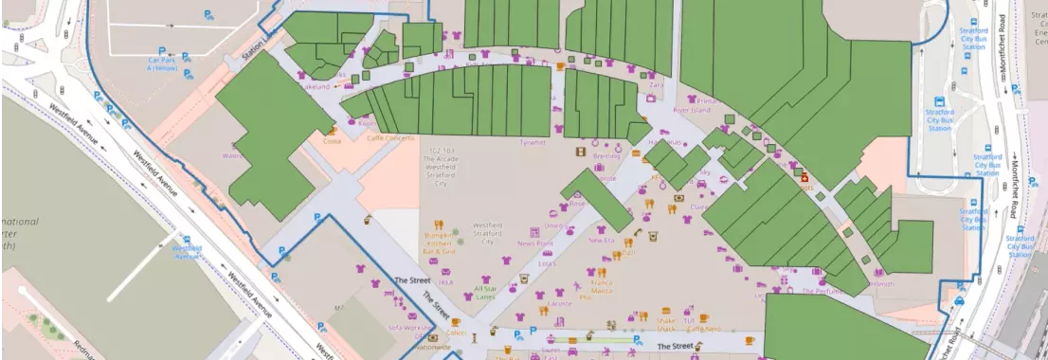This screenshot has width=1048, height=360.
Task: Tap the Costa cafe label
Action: [x=332, y=140]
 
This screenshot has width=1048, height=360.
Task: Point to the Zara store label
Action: [x=656, y=85]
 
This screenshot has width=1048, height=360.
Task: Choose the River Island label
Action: [x=691, y=110]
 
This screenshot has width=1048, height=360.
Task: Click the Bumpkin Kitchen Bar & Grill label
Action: [x=440, y=246]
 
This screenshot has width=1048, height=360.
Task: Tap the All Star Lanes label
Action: [x=485, y=294]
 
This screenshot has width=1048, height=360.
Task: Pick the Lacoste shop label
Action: [x=559, y=304]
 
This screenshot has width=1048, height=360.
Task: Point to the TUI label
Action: [x=689, y=320]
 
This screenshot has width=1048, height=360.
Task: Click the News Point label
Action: [x=534, y=243]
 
